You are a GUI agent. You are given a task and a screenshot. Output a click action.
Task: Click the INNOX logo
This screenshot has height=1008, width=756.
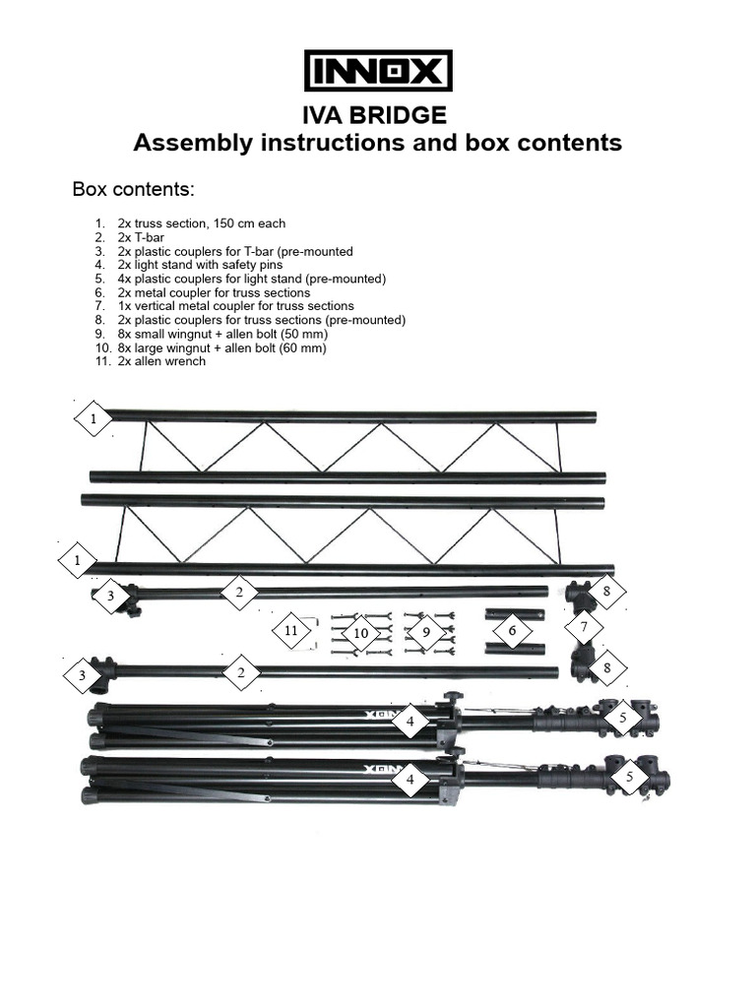point(378,72)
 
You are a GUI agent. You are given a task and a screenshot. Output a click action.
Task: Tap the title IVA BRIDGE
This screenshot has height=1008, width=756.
point(378,116)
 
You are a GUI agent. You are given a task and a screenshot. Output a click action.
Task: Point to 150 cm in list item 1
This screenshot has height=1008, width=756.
point(227,224)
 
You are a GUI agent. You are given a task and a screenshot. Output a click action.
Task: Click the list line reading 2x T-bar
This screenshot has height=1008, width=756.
point(147,238)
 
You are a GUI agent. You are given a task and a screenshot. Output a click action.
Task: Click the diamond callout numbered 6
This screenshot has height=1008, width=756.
point(512,630)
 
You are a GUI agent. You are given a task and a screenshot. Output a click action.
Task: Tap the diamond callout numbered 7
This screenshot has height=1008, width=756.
point(584,627)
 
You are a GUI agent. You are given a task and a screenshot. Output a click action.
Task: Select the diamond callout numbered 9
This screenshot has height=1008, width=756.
point(426,633)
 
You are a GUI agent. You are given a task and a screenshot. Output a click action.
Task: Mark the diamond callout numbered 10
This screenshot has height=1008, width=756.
point(360,633)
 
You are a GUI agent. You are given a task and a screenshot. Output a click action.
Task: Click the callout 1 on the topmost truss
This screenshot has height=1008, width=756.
point(94,420)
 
